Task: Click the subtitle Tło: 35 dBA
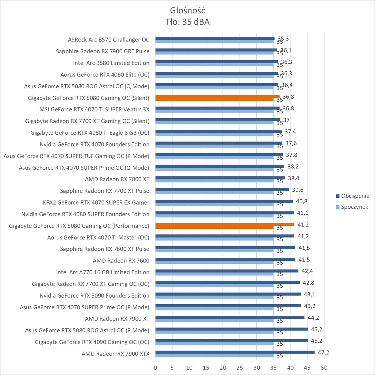coord(187,22)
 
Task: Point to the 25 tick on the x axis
coord(240,368)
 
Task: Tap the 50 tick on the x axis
coord(324,368)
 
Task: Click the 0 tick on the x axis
coord(155,368)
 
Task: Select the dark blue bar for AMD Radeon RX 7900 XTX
coord(235,352)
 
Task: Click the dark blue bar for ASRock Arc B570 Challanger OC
coord(215,38)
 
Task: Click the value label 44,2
coord(313,318)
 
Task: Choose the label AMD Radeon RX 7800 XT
coord(117,179)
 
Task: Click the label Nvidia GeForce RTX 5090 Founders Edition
coord(94,296)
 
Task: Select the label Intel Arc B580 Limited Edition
coord(111,63)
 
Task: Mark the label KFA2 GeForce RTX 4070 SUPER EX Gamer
coord(96,202)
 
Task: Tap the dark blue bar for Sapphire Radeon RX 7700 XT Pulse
coord(222,190)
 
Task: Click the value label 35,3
coord(283,39)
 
